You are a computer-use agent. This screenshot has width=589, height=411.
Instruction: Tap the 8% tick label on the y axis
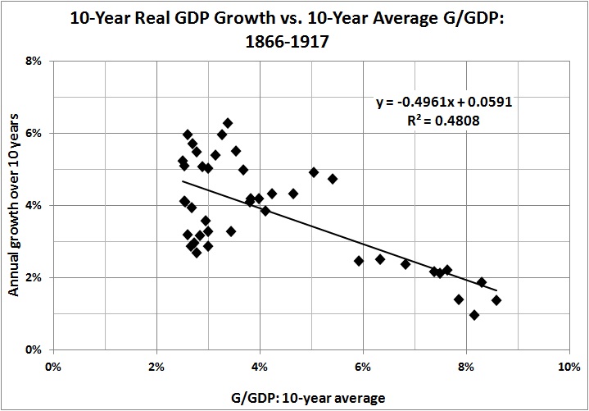pyautogui.click(x=35, y=61)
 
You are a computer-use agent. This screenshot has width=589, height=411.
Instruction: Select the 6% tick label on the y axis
pyautogui.click(x=35, y=133)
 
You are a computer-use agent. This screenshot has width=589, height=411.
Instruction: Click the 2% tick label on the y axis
pyautogui.click(x=35, y=277)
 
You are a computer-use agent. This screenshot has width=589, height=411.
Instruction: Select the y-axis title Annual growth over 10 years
pyautogui.click(x=14, y=205)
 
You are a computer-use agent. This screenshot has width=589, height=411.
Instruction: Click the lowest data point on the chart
pyautogui.click(x=473, y=315)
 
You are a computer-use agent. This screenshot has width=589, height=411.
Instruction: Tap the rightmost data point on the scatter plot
pyautogui.click(x=496, y=300)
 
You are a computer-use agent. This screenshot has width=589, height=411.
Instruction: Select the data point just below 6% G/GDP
pyautogui.click(x=359, y=261)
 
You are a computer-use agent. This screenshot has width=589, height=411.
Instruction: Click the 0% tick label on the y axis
pyautogui.click(x=35, y=349)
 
